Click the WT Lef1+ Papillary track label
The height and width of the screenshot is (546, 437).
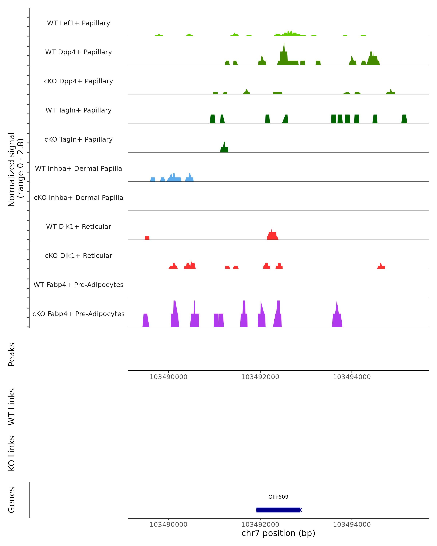tap(78, 23)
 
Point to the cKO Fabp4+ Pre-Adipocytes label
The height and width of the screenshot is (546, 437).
tap(78, 314)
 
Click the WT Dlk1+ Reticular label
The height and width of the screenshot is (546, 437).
tap(78, 226)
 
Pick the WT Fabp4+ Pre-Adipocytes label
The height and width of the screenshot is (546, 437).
tap(78, 285)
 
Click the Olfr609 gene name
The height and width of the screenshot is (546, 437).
tap(278, 497)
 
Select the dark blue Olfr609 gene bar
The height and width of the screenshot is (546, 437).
tap(278, 510)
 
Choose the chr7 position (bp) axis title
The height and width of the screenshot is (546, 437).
tap(278, 533)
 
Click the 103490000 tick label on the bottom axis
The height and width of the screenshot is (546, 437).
tap(168, 525)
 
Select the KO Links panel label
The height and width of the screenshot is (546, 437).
tap(12, 453)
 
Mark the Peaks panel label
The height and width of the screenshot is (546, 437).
tap(12, 355)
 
